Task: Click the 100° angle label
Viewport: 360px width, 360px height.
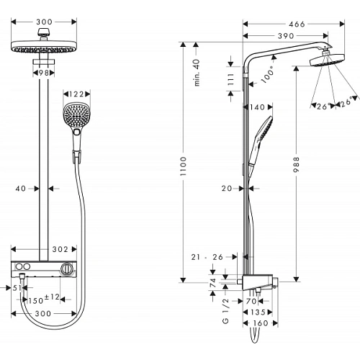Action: (x=269, y=76)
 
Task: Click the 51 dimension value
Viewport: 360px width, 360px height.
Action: (x=17, y=287)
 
